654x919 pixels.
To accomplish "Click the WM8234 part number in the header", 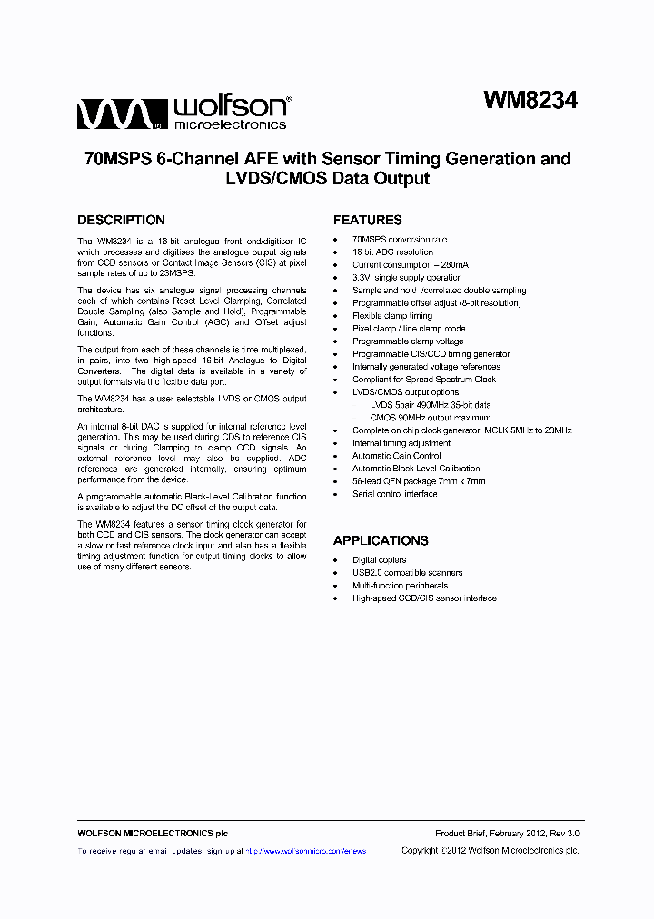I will (x=530, y=101).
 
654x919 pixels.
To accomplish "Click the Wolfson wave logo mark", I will (x=119, y=114).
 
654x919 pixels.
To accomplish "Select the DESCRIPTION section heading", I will (x=121, y=220).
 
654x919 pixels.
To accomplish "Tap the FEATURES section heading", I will (x=367, y=220).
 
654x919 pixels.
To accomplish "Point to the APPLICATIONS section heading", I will (x=381, y=540).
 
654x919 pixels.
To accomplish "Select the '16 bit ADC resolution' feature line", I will (x=392, y=252).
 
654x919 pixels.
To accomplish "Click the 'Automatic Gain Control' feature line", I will (x=396, y=456).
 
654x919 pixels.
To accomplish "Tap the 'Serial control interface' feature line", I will (x=394, y=494).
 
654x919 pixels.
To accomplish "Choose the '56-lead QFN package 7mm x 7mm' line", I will (x=419, y=481).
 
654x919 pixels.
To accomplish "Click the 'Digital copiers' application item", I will (x=379, y=560).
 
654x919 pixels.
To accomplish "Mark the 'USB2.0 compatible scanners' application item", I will (x=407, y=573).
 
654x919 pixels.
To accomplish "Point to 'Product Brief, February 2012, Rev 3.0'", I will (x=507, y=834).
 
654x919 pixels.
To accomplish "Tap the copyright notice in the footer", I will (x=490, y=851).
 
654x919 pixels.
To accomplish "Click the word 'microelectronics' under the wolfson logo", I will (x=230, y=124).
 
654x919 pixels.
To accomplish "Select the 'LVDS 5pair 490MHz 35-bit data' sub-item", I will (x=431, y=405).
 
